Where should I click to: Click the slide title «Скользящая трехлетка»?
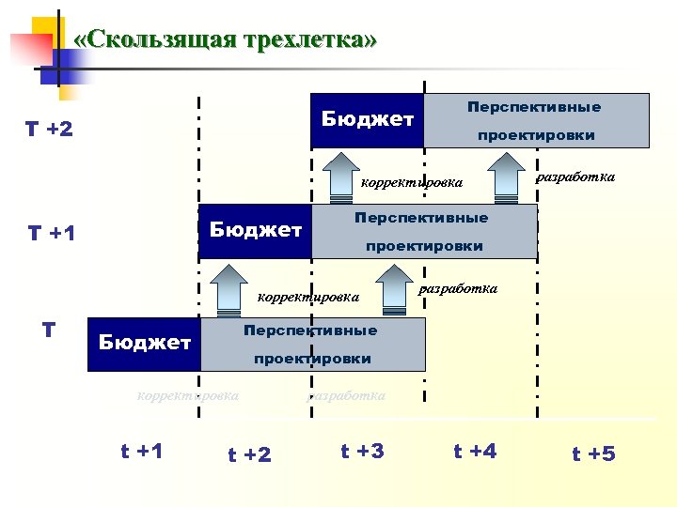[x=225, y=39]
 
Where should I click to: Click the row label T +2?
[x=49, y=129]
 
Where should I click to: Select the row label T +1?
[x=51, y=233]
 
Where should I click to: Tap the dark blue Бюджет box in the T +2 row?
[x=367, y=119]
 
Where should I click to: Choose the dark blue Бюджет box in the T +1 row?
[x=255, y=230]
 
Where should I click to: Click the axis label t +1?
[x=142, y=451]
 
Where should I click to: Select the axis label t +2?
[x=249, y=455]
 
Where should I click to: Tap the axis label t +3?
[x=362, y=452]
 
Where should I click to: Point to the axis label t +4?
[x=475, y=452]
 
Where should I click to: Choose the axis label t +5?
[x=593, y=454]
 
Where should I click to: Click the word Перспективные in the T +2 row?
[x=534, y=107]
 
